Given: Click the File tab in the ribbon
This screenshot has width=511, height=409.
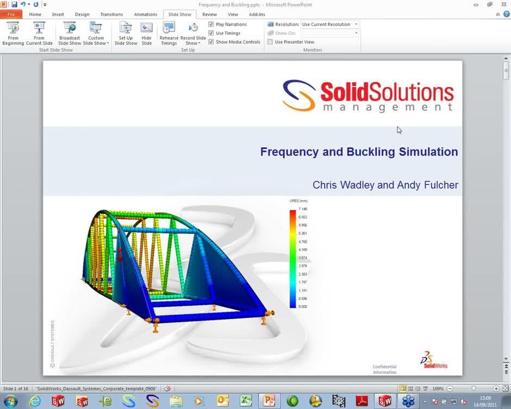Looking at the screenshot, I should tap(11, 14).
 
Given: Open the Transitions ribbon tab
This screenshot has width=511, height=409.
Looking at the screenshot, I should tap(111, 14).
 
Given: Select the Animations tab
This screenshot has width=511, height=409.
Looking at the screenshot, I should tap(146, 14).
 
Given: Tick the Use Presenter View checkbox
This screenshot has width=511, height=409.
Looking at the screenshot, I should tap(271, 42).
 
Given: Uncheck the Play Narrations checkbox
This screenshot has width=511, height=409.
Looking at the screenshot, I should tap(211, 24).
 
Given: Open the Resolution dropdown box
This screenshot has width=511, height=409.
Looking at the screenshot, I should tap(330, 24).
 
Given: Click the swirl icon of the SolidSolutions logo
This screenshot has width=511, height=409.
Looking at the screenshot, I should tap(299, 96).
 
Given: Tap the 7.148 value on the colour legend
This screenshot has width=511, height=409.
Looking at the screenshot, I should tap(303, 209).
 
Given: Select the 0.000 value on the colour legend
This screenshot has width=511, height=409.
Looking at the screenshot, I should tap(303, 307).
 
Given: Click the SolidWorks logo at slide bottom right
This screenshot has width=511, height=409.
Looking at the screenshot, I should tap(433, 360).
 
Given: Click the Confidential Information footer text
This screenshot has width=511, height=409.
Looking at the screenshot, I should tap(384, 369).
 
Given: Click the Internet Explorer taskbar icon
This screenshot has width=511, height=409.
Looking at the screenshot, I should tap(35, 401).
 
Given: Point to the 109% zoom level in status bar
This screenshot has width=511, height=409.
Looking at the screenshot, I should tap(438, 389).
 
